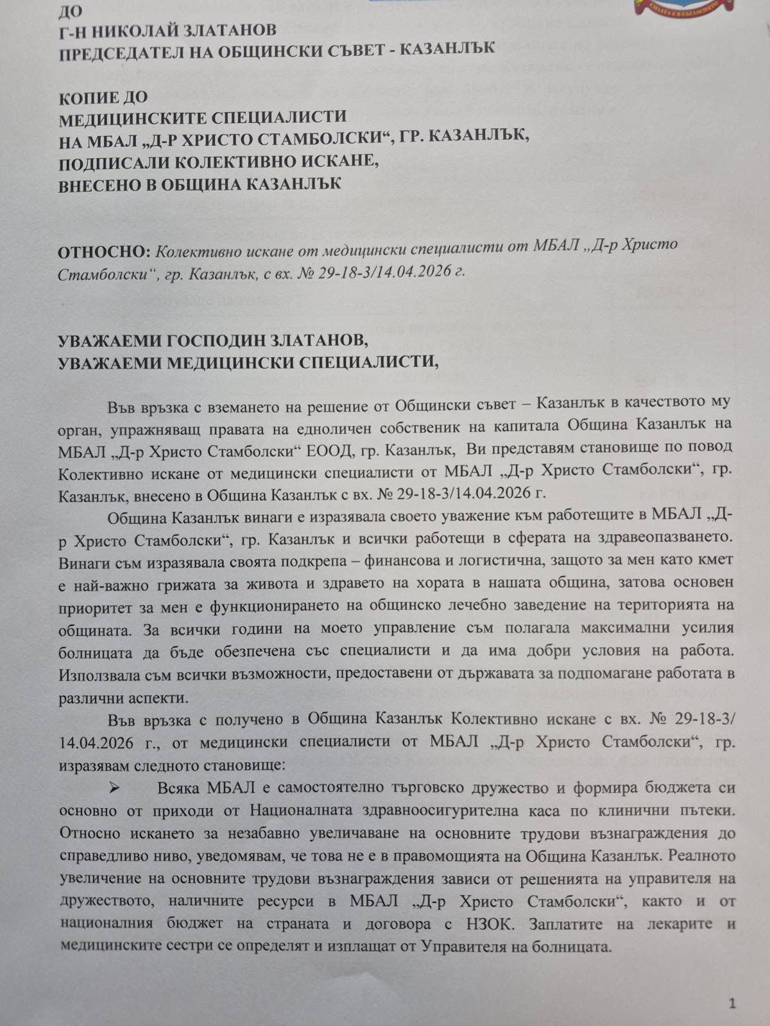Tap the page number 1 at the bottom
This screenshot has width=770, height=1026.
[x=733, y=1004]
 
